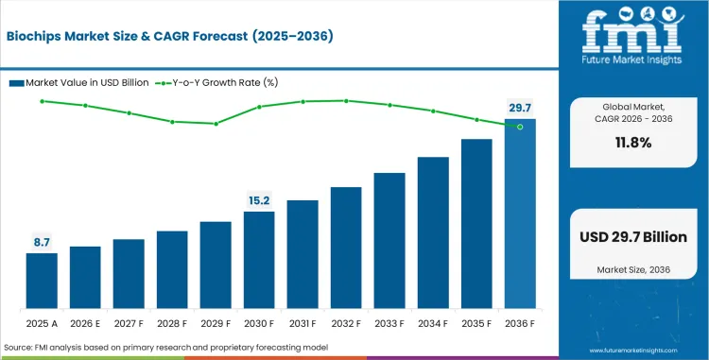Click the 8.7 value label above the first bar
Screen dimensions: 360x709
tap(41, 242)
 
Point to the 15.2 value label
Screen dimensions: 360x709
tap(259, 200)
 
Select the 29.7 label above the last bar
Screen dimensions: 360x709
tap(519, 108)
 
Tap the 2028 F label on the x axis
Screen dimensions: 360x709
tap(171, 323)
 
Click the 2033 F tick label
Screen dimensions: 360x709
tap(389, 323)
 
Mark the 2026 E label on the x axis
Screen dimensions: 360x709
tap(84, 323)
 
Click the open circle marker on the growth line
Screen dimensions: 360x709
tap(519, 127)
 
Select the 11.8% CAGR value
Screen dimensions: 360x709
tap(631, 143)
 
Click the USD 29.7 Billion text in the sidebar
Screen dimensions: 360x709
tap(631, 237)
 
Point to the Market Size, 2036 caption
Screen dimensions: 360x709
tap(631, 270)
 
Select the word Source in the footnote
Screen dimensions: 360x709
tap(22, 349)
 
